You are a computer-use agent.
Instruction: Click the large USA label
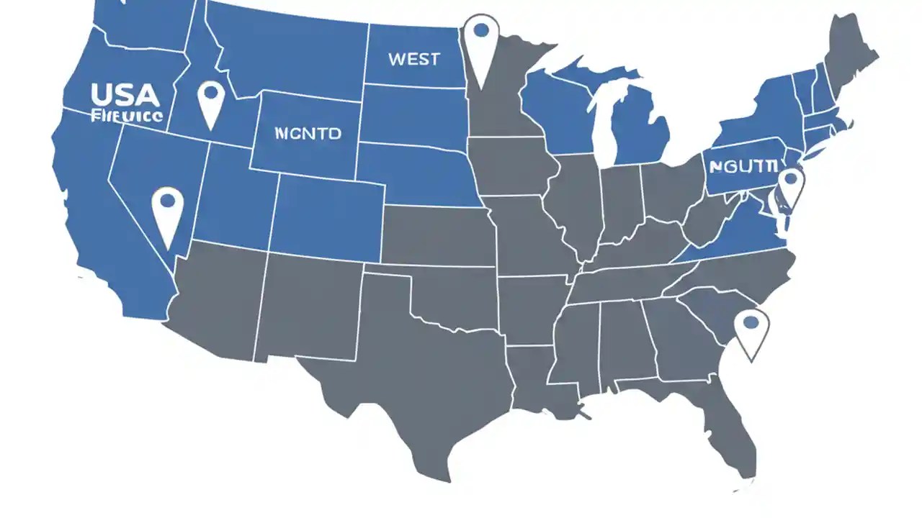pyautogui.click(x=125, y=95)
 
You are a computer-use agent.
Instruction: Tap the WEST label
pyautogui.click(x=413, y=59)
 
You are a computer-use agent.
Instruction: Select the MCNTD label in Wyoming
pyautogui.click(x=308, y=133)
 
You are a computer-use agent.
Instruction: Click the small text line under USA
pyautogui.click(x=127, y=115)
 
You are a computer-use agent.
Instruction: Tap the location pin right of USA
pyautogui.click(x=211, y=101)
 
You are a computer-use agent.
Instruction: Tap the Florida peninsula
pyautogui.click(x=735, y=432)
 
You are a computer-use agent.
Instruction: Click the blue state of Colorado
pyautogui.click(x=328, y=216)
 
